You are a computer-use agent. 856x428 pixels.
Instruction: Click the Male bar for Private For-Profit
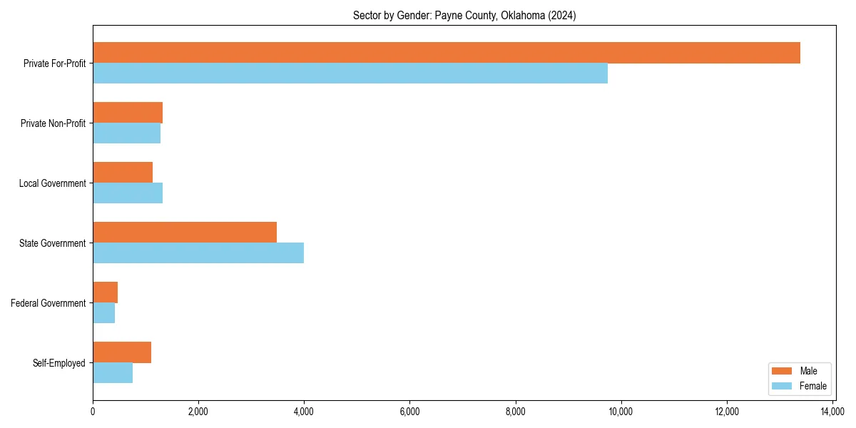coord(447,53)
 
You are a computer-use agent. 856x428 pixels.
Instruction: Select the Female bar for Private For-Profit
coord(350,73)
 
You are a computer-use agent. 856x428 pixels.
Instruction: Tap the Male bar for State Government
coord(185,233)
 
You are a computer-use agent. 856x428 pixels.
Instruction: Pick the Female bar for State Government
coord(198,253)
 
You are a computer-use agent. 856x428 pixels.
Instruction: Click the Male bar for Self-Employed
coord(122,352)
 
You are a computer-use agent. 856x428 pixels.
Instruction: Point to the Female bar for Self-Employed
coord(113,373)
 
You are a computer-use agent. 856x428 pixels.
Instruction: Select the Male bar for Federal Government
coord(106,292)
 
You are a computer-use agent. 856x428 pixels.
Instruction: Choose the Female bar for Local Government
coord(128,193)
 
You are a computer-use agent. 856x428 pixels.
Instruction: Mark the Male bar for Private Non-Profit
coord(128,113)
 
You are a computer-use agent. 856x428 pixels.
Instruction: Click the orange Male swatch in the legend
coord(783,371)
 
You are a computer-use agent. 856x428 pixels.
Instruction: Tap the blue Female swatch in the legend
coord(783,386)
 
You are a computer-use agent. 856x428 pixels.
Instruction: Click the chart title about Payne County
coord(464,16)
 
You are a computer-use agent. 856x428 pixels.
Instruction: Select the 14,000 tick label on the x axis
coord(832,412)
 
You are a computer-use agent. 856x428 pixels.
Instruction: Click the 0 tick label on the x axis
coord(93,412)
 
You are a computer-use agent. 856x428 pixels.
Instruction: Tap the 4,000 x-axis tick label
coord(304,412)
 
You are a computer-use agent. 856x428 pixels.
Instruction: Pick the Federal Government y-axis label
coord(49,303)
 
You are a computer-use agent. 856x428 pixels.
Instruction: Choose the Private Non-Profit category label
coord(53,123)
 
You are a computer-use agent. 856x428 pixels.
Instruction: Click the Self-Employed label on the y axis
coord(59,363)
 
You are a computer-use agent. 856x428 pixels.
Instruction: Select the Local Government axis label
coord(53,183)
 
